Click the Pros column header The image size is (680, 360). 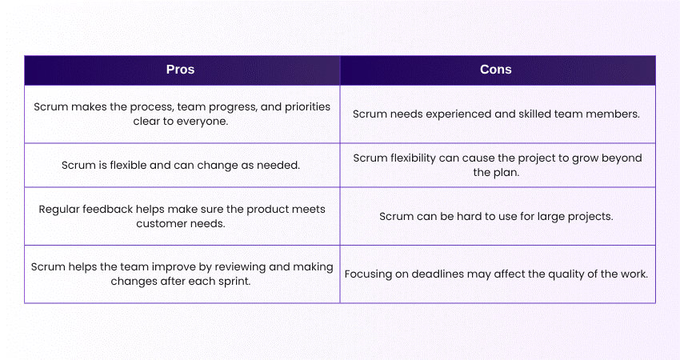pyautogui.click(x=181, y=70)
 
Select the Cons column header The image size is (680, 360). pyautogui.click(x=496, y=70)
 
